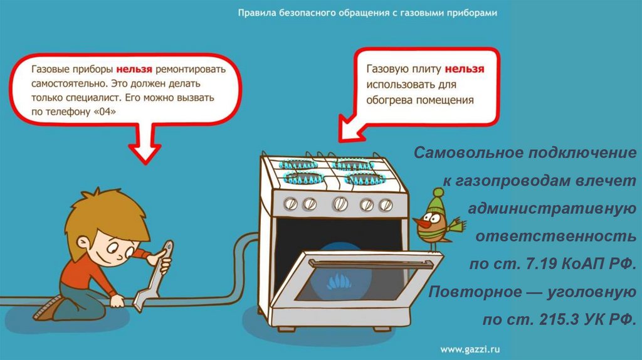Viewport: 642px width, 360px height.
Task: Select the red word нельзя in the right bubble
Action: point(465,69)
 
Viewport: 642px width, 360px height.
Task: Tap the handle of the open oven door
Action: point(370,262)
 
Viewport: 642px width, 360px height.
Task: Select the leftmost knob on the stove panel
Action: point(291,203)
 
